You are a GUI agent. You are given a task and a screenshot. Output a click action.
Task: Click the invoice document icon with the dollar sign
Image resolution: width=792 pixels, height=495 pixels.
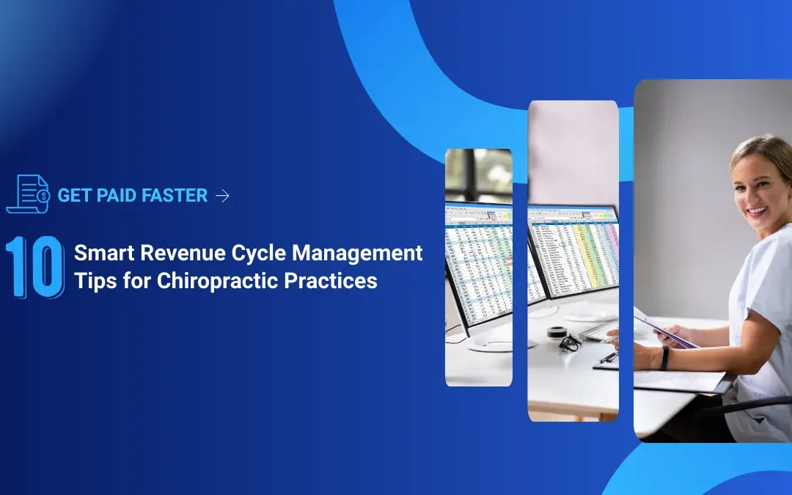pos(27,194)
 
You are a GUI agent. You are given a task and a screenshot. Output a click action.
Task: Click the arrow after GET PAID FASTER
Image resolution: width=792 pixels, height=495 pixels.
pos(223,196)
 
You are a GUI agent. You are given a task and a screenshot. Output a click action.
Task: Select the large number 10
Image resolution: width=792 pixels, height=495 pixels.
pos(34,267)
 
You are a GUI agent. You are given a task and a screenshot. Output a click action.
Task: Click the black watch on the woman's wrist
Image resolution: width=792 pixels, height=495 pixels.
pos(664,358)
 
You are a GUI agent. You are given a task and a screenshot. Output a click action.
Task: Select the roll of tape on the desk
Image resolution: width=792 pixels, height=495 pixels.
pos(557,331)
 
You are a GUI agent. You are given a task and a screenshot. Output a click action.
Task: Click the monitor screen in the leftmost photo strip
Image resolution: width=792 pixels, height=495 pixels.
pos(477,264)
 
